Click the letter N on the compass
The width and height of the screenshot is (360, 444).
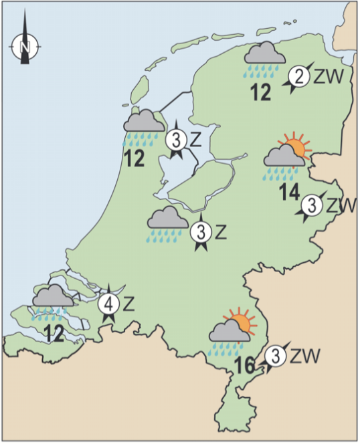[x=25, y=47]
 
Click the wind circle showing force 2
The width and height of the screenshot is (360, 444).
[x=300, y=77]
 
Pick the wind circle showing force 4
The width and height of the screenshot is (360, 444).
[x=109, y=305]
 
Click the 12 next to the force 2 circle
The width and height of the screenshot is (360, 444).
[x=260, y=94]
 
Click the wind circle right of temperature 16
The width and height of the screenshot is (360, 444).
[x=274, y=357]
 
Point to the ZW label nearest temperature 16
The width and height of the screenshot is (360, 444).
[x=305, y=355]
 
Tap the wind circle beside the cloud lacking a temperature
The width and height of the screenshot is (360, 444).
[x=200, y=233]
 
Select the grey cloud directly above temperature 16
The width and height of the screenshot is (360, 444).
[x=228, y=332]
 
